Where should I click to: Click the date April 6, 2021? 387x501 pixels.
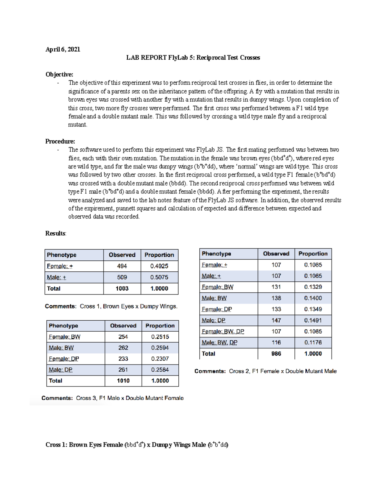[63, 49]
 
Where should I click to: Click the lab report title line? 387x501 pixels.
[193, 58]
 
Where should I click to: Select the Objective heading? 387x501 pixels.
[59, 75]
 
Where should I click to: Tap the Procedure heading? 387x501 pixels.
[60, 141]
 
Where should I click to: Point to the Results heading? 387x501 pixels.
[55, 233]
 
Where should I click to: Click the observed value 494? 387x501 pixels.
[122, 266]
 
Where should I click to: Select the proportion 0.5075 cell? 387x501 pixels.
[159, 277]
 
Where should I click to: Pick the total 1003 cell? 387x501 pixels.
[122, 288]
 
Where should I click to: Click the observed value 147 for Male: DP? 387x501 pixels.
[276, 320]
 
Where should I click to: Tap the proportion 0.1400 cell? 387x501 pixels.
[313, 298]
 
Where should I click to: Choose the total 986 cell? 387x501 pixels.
[276, 354]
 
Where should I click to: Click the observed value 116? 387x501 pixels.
[276, 342]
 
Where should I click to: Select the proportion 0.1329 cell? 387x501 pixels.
[313, 287]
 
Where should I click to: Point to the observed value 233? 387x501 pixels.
[123, 359]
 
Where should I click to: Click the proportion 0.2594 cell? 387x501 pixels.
[160, 348]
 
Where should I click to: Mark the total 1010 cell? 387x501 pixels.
[123, 381]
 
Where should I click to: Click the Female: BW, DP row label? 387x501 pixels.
[223, 332]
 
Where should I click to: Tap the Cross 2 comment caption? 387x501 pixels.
[265, 371]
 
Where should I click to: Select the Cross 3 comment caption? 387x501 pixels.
[113, 398]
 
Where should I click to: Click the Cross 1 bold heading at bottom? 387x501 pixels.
[137, 445]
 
